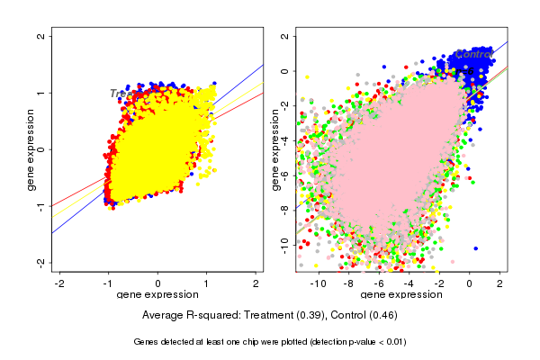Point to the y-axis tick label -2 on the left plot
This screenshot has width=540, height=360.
pyautogui.click(x=41, y=262)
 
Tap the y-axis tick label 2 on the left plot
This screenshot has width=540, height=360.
pyautogui.click(x=41, y=37)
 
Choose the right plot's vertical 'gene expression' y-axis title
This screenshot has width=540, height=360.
pyautogui.click(x=274, y=149)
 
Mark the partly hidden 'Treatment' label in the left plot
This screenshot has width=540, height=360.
pyautogui.click(x=121, y=94)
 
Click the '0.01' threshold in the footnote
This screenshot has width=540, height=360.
pyautogui.click(x=392, y=342)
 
